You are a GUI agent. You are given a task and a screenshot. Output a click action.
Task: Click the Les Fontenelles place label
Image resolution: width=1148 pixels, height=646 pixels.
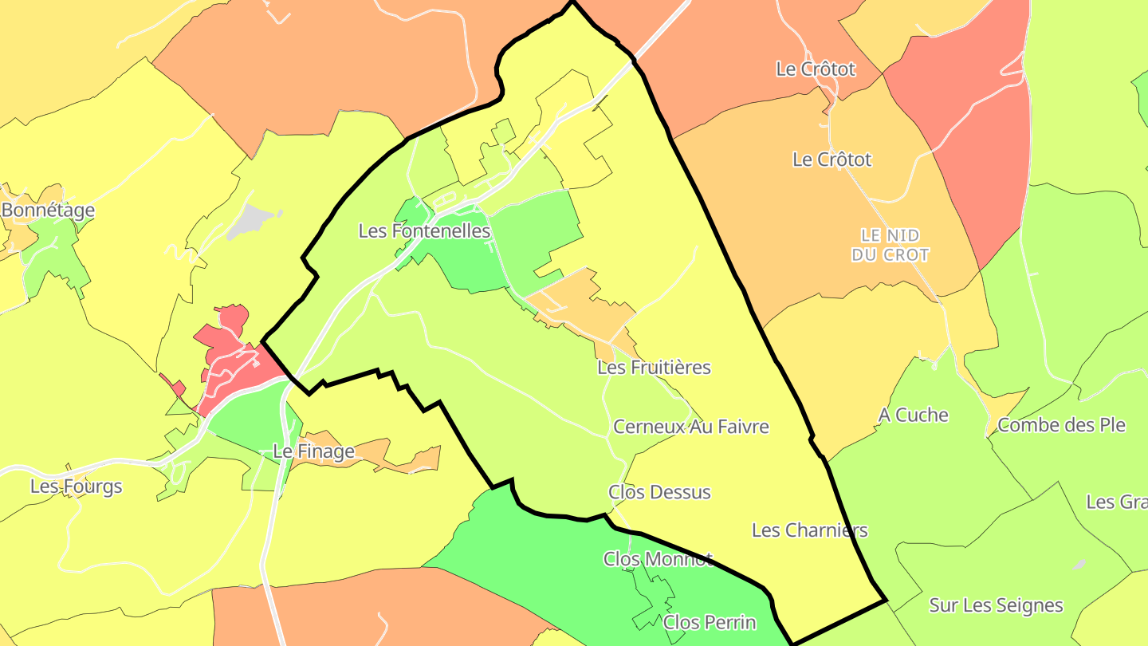point(424,231)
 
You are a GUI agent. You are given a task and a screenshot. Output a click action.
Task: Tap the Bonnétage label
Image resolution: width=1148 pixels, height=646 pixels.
point(48,211)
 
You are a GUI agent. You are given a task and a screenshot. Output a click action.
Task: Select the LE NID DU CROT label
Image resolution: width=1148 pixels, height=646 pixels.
point(890,246)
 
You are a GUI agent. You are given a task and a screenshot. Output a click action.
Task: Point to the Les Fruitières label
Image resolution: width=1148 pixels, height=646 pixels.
point(654,368)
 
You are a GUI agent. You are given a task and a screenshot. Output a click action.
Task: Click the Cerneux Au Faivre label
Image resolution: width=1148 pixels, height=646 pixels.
point(690,427)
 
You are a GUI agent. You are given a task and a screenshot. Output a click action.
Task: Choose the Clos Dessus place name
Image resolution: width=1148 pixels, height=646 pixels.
point(659,492)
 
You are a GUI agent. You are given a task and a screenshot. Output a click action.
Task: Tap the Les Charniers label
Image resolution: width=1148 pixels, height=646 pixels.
point(809,530)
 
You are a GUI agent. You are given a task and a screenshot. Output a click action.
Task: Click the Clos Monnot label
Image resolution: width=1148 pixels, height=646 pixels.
point(658,559)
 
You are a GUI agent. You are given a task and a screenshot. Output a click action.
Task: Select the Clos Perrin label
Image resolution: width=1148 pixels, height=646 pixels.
point(710,622)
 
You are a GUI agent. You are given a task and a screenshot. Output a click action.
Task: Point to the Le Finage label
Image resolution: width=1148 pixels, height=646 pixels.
point(313,452)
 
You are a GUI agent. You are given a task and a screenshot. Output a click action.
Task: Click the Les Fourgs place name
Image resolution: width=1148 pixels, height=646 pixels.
point(77,486)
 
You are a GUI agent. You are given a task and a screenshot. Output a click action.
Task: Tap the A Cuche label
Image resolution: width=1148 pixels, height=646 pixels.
point(914,416)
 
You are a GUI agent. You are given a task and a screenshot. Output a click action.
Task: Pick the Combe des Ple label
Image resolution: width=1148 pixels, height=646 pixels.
point(1061,425)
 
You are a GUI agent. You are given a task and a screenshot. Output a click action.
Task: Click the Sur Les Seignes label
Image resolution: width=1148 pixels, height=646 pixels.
point(996,606)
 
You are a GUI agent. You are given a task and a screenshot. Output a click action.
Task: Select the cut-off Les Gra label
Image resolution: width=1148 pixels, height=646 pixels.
point(1116,502)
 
